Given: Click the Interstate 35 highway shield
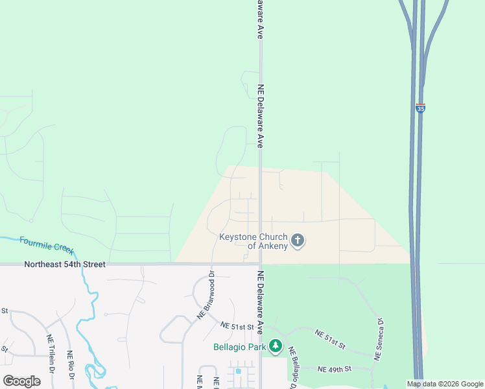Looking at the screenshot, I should [x=421, y=108].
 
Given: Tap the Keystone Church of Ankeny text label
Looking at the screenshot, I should [x=253, y=241].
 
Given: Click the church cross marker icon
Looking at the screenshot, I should [x=298, y=241].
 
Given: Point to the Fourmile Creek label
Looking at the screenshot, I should [x=47, y=244].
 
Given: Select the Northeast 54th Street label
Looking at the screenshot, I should [x=65, y=265].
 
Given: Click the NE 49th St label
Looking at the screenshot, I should [x=335, y=369].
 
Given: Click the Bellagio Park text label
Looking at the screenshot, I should [x=240, y=347].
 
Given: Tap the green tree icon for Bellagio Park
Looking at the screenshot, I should [x=276, y=347].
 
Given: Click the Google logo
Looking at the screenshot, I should [x=21, y=381].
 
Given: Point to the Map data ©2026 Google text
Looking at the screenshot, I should [x=444, y=384].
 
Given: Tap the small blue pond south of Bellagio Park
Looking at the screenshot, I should [x=239, y=371].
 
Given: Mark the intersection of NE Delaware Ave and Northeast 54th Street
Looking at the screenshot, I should [x=260, y=264].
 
